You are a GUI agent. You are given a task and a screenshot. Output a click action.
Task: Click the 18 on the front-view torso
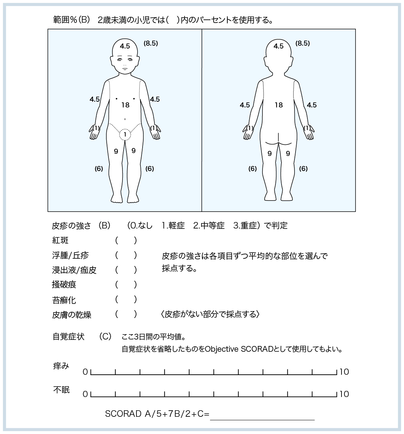[125, 105]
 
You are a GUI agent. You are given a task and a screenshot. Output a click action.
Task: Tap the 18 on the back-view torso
[279, 105]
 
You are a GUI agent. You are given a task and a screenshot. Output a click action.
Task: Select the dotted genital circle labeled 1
[125, 134]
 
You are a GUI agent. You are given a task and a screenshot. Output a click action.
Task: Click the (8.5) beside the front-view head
[150, 43]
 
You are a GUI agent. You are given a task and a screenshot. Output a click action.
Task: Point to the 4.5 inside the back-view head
[278, 46]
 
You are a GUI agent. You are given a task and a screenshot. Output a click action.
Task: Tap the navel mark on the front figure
[125, 119]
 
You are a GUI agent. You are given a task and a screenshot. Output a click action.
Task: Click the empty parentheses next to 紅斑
[126, 240]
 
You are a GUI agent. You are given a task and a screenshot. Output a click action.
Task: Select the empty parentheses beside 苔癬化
[126, 299]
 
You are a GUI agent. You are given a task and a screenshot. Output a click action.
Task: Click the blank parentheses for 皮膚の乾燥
[126, 314]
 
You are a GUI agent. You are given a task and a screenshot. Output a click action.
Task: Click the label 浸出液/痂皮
[74, 270]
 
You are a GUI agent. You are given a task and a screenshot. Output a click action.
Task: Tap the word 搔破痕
[64, 285]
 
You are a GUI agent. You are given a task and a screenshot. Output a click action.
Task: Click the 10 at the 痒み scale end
[344, 372]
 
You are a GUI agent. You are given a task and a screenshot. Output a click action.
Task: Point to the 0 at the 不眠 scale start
[85, 394]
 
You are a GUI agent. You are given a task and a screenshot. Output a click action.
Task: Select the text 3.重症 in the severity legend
[246, 226]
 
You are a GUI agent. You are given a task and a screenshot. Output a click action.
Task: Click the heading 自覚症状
[68, 337]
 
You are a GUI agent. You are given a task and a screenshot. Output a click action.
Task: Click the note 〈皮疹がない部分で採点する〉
[210, 314]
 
